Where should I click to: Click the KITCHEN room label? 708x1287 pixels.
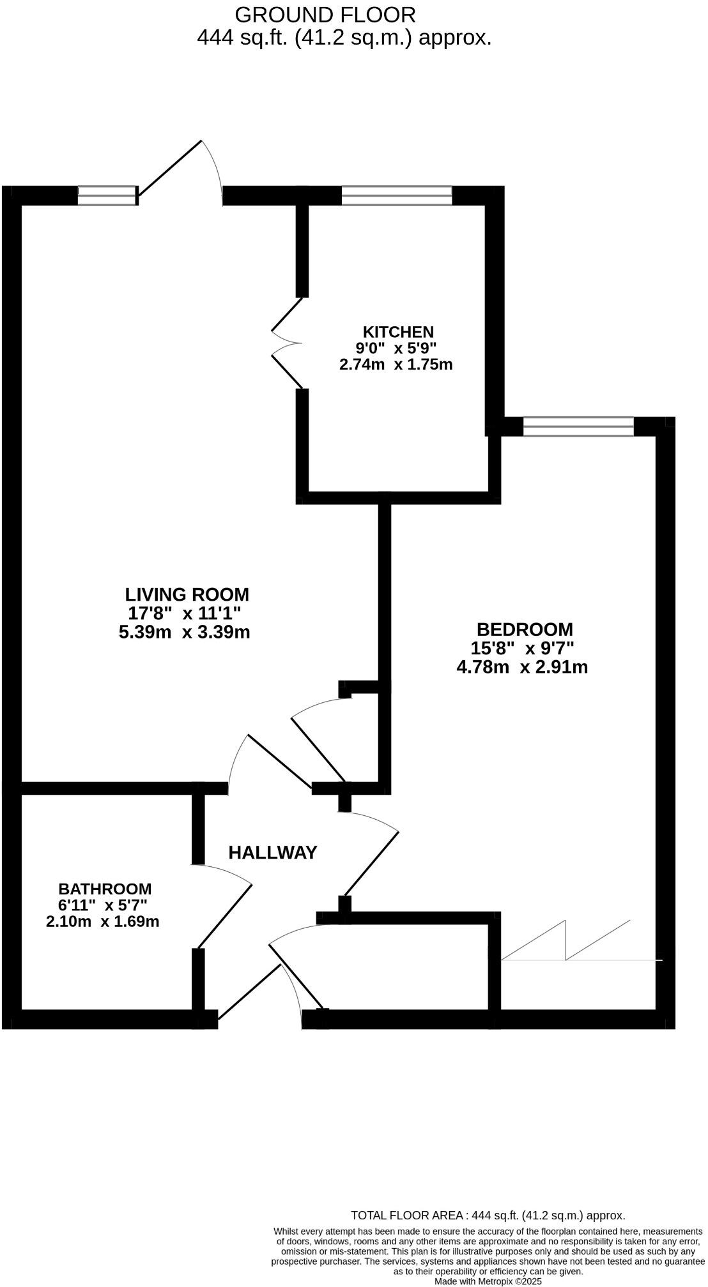tap(398, 332)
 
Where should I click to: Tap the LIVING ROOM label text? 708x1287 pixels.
tap(187, 594)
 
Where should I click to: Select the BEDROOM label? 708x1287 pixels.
tap(525, 629)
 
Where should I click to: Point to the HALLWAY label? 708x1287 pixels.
tap(273, 852)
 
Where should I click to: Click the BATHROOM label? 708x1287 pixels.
tap(105, 889)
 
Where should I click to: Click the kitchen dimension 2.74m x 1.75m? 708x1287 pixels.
tap(396, 365)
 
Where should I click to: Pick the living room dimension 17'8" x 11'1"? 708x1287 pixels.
tap(185, 613)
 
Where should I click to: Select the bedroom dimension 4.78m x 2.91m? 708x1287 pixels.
tap(522, 668)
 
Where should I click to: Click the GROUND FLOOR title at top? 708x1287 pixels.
tap(325, 14)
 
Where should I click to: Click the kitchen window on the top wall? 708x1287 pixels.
tap(397, 195)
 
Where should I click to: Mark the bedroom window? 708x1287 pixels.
tap(578, 426)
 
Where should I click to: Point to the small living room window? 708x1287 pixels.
tap(107, 195)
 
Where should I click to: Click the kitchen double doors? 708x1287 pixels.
tap(288, 343)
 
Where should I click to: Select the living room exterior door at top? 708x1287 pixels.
tap(182, 171)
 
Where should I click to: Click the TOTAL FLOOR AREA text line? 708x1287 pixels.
tap(488, 1215)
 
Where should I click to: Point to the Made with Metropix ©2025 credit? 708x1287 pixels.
tap(488, 1281)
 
